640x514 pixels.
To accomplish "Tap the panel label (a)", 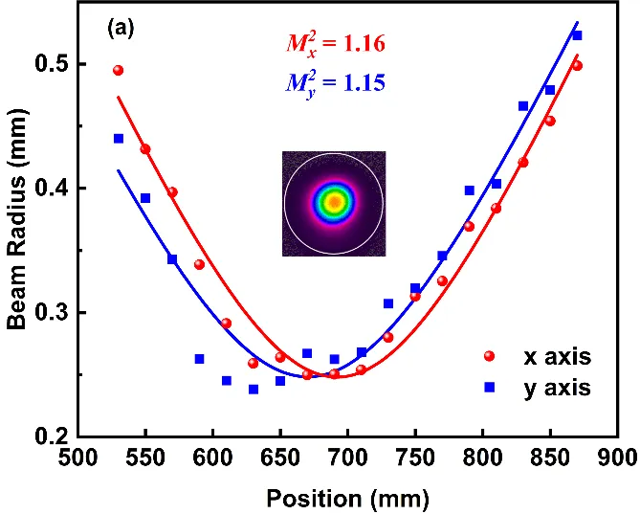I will pyautogui.click(x=121, y=29).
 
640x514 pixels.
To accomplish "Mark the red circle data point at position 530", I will pyautogui.click(x=119, y=70).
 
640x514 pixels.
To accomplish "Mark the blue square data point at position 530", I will pyautogui.click(x=119, y=138).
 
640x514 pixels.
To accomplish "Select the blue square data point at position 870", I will pyautogui.click(x=577, y=35).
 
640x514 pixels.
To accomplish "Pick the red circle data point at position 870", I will pyautogui.click(x=577, y=65).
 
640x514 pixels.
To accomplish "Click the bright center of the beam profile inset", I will pyautogui.click(x=334, y=202).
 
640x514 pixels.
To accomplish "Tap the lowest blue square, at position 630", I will pyautogui.click(x=254, y=389).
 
